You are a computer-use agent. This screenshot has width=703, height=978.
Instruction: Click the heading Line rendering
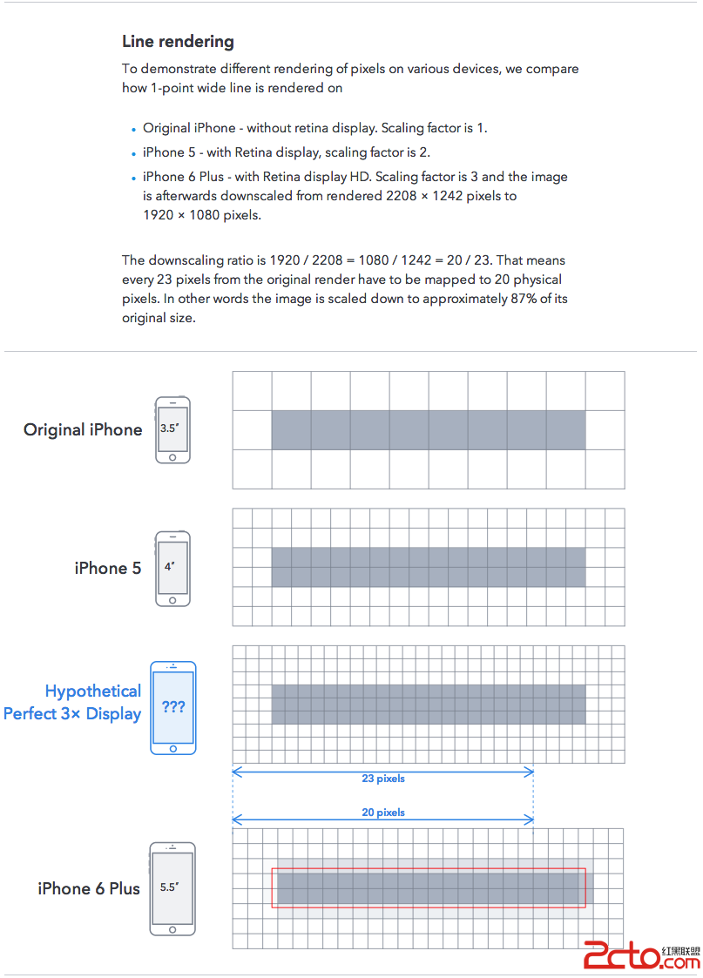click(178, 41)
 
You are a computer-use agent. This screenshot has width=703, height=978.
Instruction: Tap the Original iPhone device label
click(83, 429)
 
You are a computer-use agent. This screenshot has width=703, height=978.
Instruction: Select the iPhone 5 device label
click(108, 568)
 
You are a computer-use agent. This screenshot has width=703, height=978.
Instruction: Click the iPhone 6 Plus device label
click(89, 888)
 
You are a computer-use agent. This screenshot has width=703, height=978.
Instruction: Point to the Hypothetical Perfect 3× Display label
click(72, 702)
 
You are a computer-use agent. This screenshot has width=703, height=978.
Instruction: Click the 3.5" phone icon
click(172, 430)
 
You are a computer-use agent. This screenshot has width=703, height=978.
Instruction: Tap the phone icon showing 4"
click(172, 568)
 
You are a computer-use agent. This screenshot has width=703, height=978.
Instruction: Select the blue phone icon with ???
click(173, 707)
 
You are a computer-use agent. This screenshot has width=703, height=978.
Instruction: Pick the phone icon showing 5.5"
click(172, 888)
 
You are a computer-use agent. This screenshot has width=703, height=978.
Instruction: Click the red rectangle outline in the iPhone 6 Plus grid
click(429, 869)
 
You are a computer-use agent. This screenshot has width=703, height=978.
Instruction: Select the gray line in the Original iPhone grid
click(429, 430)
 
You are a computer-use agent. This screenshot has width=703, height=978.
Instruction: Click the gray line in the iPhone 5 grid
click(429, 567)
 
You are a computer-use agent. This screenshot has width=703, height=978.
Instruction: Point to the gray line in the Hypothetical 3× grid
click(429, 705)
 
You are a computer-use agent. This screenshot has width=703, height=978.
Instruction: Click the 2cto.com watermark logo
click(641, 954)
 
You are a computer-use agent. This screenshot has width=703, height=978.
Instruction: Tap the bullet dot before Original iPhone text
click(133, 130)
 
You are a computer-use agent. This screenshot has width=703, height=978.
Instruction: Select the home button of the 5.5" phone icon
click(172, 927)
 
